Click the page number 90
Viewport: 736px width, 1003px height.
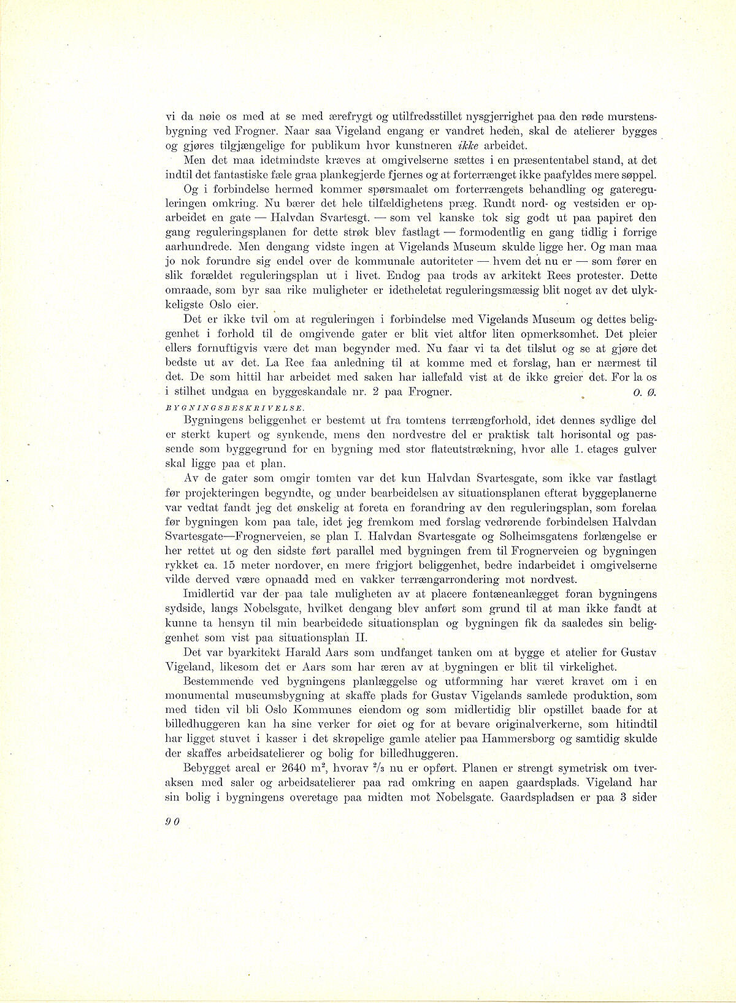click(171, 823)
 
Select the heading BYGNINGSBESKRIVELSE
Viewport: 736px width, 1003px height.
click(218, 406)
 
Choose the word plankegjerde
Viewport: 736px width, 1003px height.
click(315, 175)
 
